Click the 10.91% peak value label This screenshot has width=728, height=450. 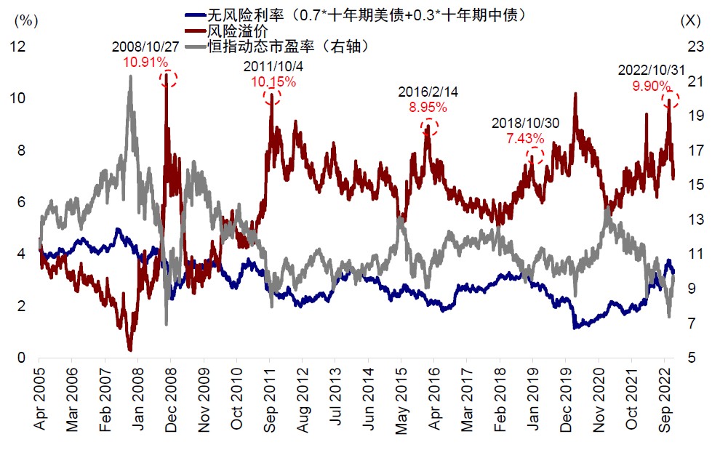pos(146,63)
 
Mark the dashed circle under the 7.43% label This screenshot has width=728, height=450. pos(535,154)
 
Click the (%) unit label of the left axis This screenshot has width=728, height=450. pos(25,20)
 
